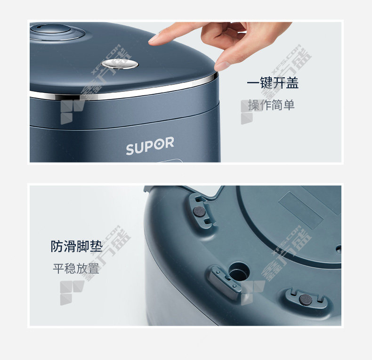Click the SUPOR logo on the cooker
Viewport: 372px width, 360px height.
point(150,146)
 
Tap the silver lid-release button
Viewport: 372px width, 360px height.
point(120,64)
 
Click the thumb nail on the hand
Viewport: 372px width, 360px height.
point(222,66)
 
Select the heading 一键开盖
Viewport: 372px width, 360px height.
point(273,82)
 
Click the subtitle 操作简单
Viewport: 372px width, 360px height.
point(271,105)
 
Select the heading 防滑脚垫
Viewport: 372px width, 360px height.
point(76,246)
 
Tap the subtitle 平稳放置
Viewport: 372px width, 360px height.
point(76,269)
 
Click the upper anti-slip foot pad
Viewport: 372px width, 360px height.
point(199,211)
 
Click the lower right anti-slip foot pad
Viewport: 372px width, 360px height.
point(306,300)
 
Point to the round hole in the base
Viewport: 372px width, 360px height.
point(239,271)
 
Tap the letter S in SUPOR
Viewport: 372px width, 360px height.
point(130,149)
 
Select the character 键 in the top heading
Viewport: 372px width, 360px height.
point(266,82)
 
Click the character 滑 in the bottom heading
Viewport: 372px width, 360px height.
point(70,246)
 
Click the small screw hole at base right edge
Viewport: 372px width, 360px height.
point(339,249)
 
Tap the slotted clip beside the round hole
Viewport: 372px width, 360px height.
point(223,282)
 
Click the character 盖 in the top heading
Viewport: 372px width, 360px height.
point(292,82)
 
